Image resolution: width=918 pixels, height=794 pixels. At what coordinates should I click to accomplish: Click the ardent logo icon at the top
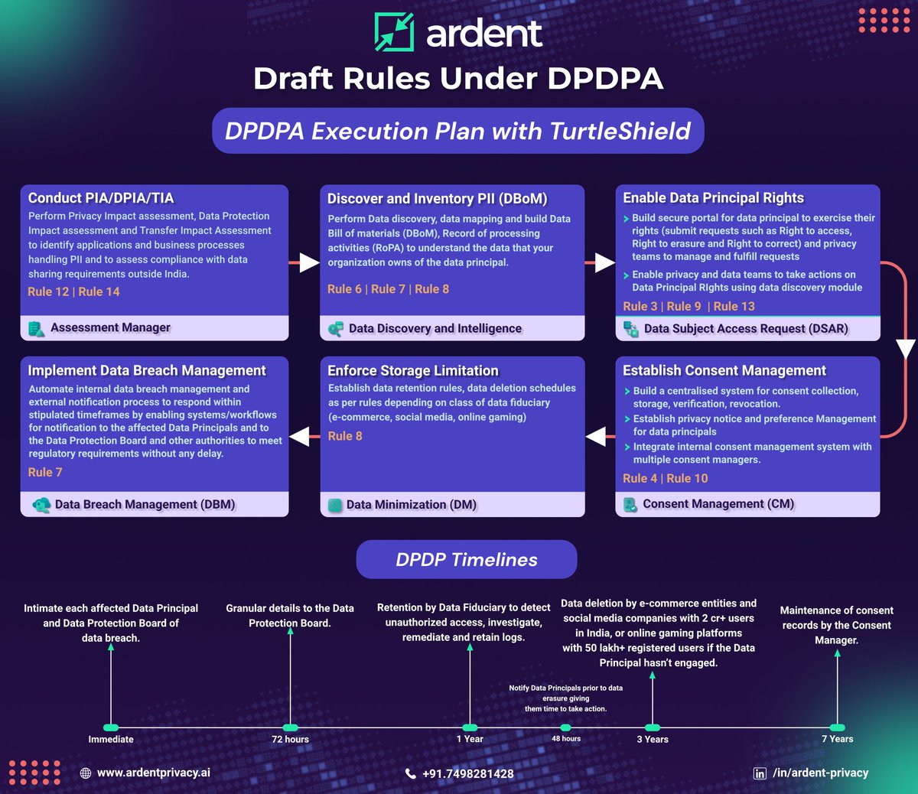click(394, 32)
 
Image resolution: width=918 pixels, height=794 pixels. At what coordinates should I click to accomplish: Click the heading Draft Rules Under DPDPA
click(458, 78)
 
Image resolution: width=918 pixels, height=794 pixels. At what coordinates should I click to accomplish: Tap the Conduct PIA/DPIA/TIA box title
click(101, 198)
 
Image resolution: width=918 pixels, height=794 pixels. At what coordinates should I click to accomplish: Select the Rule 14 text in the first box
click(99, 291)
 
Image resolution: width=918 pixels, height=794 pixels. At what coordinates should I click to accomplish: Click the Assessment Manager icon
click(36, 328)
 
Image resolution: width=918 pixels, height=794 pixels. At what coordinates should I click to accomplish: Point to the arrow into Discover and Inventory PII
click(308, 262)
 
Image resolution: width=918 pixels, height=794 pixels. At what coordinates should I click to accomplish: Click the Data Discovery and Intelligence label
click(435, 328)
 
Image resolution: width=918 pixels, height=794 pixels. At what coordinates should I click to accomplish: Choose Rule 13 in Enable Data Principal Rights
click(734, 306)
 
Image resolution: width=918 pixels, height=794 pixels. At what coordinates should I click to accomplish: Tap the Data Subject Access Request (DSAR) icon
click(631, 329)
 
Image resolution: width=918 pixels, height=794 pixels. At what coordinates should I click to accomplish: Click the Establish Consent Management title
click(724, 370)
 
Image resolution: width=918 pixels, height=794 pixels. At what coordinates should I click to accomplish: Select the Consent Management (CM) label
click(718, 504)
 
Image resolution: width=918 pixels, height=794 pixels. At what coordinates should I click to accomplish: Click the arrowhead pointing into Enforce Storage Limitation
click(596, 436)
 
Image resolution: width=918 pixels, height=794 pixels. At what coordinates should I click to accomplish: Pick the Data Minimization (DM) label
click(411, 505)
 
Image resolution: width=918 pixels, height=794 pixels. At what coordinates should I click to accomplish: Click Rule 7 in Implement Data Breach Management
click(45, 472)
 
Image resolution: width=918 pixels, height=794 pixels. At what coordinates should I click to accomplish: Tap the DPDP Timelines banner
click(467, 559)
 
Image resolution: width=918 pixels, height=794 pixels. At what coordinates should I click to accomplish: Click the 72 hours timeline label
click(290, 739)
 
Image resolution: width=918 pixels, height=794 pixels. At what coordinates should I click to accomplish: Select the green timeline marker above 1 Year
click(470, 727)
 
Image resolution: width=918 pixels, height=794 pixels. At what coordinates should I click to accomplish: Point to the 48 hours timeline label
click(566, 739)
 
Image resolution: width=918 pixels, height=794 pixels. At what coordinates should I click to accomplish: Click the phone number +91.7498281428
click(467, 773)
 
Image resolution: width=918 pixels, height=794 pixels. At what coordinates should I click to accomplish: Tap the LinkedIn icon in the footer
click(760, 773)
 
